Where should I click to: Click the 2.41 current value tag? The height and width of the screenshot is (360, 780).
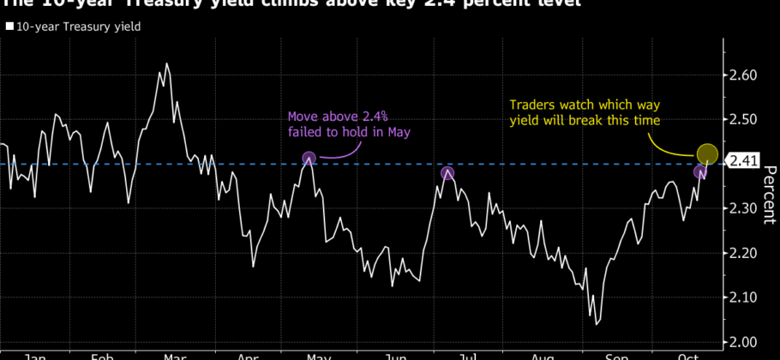pyautogui.click(x=743, y=159)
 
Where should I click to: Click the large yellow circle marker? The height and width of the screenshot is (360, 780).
pyautogui.click(x=707, y=154)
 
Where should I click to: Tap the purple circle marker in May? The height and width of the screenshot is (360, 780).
pyautogui.click(x=309, y=158)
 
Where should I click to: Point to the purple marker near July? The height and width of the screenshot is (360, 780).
pyautogui.click(x=447, y=173)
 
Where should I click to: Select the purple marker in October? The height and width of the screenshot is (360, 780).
pyautogui.click(x=700, y=172)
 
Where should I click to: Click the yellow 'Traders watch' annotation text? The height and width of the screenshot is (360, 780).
pyautogui.click(x=585, y=112)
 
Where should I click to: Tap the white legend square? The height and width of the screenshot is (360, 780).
pyautogui.click(x=9, y=27)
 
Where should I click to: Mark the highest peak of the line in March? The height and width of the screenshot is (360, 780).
pyautogui.click(x=165, y=63)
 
